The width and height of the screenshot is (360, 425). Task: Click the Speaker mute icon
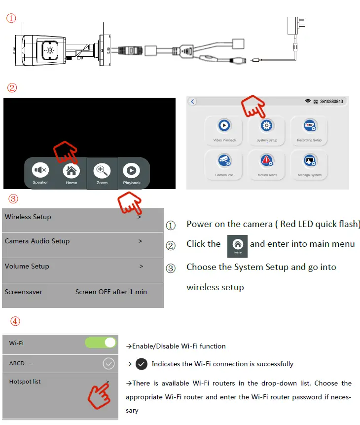(40, 171)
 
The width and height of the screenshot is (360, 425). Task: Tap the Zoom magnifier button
(102, 171)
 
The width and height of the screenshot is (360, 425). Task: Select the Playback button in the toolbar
(131, 171)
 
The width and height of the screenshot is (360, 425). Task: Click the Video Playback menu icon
(224, 126)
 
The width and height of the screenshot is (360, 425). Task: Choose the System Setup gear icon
(266, 126)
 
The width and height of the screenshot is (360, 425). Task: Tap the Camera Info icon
(224, 160)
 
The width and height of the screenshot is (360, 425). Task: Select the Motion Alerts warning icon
(266, 160)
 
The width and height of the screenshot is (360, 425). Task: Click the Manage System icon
(309, 160)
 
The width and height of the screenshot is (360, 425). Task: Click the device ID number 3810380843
(331, 101)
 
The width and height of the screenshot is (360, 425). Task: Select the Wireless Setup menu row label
(28, 217)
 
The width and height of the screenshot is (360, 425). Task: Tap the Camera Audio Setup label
(37, 241)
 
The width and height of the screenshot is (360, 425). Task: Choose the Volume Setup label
(27, 266)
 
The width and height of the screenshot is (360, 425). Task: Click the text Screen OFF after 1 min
(111, 292)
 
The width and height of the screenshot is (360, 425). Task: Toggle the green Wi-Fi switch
(101, 343)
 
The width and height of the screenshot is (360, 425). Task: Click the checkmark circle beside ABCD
(108, 364)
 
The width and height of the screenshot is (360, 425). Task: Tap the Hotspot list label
(25, 382)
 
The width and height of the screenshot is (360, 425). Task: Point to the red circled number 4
(15, 321)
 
